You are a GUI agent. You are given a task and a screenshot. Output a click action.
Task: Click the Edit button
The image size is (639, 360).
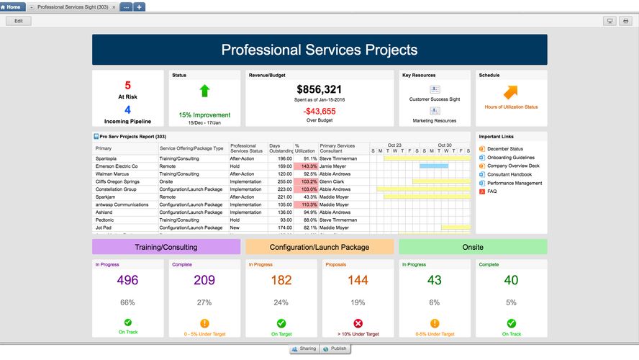click(19, 21)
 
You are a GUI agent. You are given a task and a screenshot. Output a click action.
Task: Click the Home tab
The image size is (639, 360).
click(12, 6)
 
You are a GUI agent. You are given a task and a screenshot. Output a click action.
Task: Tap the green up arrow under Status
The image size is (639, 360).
click(204, 91)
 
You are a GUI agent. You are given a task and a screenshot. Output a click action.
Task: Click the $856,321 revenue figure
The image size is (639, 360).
click(319, 89)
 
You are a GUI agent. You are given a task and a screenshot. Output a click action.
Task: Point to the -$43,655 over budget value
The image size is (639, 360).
click(319, 111)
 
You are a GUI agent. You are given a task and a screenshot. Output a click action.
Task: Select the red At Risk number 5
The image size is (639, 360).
click(128, 86)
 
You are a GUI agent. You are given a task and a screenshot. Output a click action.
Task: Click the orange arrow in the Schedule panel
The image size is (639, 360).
click(511, 92)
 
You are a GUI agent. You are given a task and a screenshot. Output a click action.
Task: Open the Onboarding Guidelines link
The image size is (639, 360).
click(510, 158)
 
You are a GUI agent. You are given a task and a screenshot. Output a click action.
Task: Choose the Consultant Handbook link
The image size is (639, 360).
click(509, 174)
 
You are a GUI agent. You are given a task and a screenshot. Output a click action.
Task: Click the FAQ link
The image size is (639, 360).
click(491, 192)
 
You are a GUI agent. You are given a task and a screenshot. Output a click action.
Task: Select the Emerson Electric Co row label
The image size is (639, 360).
click(116, 166)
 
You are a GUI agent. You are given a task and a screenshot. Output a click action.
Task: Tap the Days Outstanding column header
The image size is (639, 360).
click(280, 148)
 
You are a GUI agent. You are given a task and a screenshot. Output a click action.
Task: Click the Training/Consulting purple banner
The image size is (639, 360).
click(166, 247)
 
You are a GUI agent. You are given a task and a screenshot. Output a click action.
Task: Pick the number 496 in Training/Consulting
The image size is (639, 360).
click(127, 281)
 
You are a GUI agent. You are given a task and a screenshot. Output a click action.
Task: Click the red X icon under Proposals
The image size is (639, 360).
click(358, 323)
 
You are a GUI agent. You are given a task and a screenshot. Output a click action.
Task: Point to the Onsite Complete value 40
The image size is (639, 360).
click(511, 281)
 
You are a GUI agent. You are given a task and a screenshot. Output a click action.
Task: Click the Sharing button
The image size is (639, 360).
click(304, 348)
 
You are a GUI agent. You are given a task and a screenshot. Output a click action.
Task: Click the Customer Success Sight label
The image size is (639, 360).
click(435, 99)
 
